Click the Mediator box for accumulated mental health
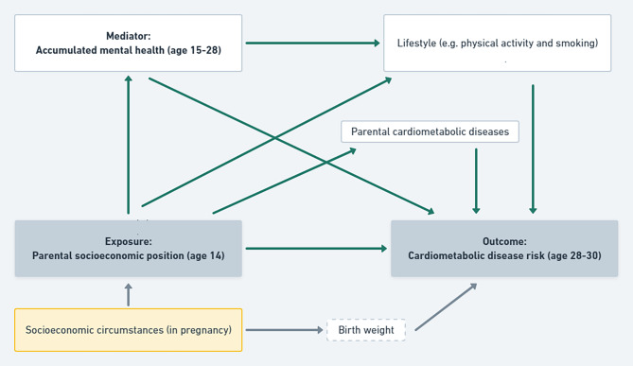pyautogui.click(x=128, y=43)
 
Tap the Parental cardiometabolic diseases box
pyautogui.click(x=430, y=131)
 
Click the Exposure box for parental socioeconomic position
pyautogui.click(x=128, y=248)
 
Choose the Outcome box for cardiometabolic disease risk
pyautogui.click(x=503, y=248)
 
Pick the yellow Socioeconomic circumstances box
pyautogui.click(x=128, y=330)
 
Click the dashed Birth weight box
pyautogui.click(x=366, y=330)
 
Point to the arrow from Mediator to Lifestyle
pyautogui.click(x=312, y=43)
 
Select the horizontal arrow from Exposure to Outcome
pyautogui.click(x=316, y=249)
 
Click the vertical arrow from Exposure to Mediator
pyautogui.click(x=129, y=142)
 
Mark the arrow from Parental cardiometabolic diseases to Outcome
pyautogui.click(x=476, y=180)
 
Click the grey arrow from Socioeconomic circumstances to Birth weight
pyautogui.click(x=284, y=330)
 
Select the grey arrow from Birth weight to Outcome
pyautogui.click(x=446, y=306)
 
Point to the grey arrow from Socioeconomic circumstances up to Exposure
pyautogui.click(x=129, y=294)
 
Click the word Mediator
pyautogui.click(x=128, y=36)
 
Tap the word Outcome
pyautogui.click(x=503, y=241)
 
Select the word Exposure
pyautogui.click(x=128, y=241)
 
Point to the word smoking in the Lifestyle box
pyautogui.click(x=577, y=44)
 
